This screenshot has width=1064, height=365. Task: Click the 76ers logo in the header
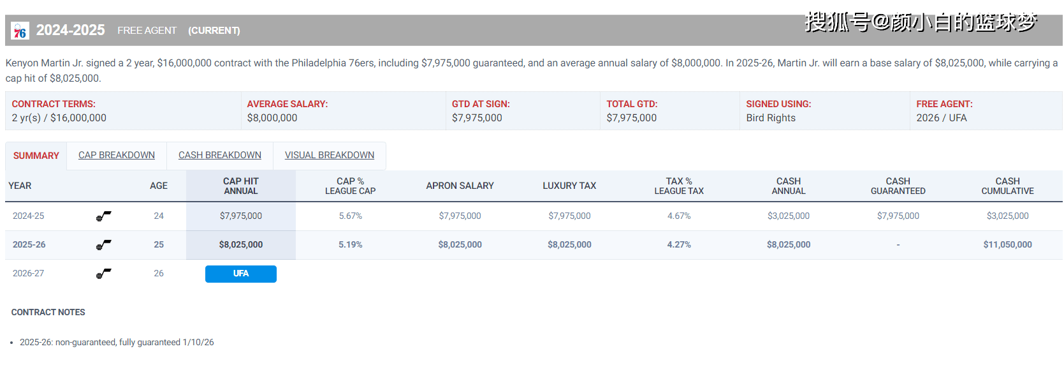[20, 31]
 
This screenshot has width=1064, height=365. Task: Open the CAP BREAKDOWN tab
[117, 155]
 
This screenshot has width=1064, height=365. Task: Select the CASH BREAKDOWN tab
[220, 155]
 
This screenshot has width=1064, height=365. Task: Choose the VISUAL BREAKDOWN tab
[330, 155]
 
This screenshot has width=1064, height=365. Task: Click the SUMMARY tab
[36, 156]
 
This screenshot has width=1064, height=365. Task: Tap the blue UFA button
[241, 274]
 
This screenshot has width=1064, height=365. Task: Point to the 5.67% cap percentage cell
[350, 216]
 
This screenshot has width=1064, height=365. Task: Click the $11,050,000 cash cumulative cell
[1007, 245]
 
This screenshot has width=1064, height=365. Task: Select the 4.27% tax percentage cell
[679, 245]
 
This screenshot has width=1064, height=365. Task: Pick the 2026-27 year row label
[29, 274]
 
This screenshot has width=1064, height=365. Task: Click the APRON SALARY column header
[460, 186]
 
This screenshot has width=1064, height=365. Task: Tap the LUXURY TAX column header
[569, 186]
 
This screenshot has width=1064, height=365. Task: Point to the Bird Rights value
[771, 118]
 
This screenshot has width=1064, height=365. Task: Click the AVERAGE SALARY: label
[288, 104]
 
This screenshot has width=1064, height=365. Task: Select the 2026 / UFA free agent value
[942, 118]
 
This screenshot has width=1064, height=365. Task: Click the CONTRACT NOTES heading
[48, 312]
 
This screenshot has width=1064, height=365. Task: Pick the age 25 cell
[159, 245]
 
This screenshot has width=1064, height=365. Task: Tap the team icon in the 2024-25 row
[103, 216]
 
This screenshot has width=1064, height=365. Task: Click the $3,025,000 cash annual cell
[789, 216]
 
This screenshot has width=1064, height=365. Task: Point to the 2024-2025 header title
[71, 30]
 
